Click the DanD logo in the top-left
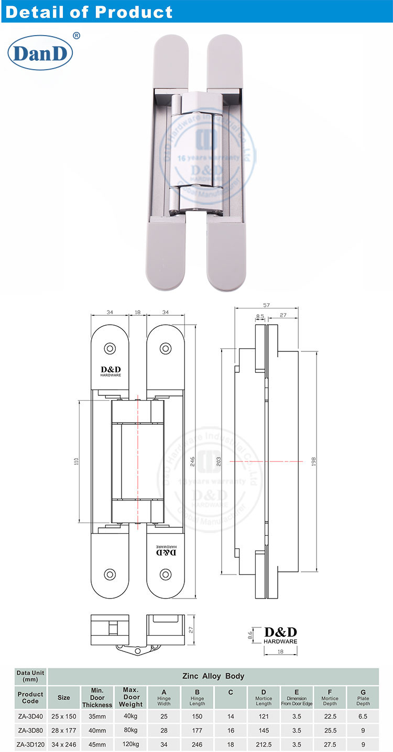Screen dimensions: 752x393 click(40, 53)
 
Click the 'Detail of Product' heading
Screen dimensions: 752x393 click(89, 12)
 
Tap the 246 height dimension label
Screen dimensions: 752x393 click(192, 461)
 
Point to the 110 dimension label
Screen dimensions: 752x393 click(76, 461)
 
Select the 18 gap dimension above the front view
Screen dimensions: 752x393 click(138, 313)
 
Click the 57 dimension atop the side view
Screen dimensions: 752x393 click(266, 305)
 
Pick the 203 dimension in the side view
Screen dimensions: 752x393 click(219, 461)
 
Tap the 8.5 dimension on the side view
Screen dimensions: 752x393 click(260, 316)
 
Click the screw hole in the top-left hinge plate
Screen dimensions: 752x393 click(110, 348)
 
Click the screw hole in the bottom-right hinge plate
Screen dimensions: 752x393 click(166, 574)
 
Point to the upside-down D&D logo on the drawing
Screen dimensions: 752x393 click(166, 551)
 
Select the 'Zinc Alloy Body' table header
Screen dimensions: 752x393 click(213, 676)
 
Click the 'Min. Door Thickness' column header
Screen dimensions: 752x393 click(97, 698)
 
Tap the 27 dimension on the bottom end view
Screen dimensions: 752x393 click(192, 631)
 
